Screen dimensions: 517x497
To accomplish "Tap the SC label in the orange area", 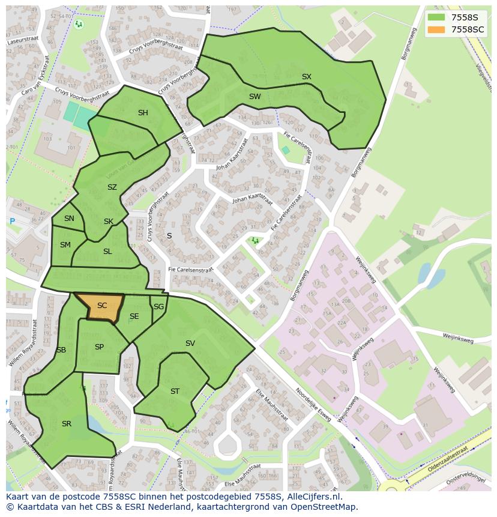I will [102, 306].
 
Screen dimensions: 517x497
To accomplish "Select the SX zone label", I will [307, 76].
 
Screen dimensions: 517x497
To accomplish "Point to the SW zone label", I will [255, 96].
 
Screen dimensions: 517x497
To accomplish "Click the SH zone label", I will [143, 112].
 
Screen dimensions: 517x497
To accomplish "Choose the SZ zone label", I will [112, 187].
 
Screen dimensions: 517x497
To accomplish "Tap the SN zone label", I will [69, 219].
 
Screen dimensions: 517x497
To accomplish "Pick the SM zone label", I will [65, 244].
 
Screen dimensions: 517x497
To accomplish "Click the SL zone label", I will [107, 252].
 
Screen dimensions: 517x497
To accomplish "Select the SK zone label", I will [108, 221].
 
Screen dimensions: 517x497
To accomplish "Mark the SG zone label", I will [158, 306].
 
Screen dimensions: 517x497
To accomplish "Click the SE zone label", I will [134, 316].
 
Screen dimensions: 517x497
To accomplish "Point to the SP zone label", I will [99, 346].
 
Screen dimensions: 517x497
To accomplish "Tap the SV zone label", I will [190, 343].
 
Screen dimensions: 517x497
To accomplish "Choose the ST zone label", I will [175, 391].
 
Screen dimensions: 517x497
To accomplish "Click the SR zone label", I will [67, 423].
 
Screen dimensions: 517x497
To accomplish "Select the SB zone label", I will [61, 349].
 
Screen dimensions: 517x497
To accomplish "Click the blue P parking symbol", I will [12, 222].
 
